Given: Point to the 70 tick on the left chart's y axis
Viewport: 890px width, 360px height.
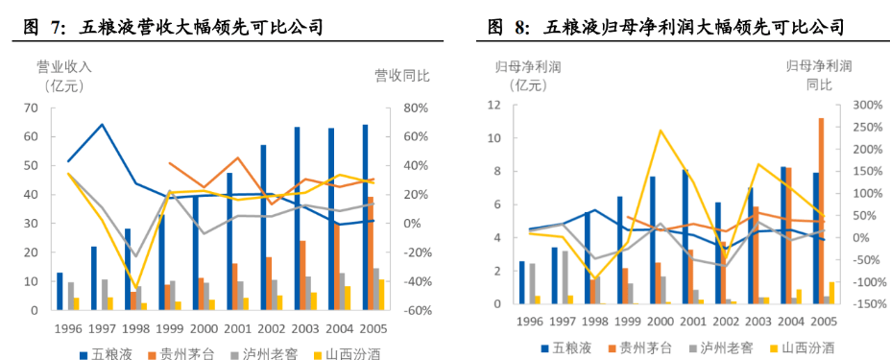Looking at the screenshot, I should click(x=31, y=108).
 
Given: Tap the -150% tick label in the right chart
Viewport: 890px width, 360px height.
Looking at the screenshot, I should click(x=854, y=304).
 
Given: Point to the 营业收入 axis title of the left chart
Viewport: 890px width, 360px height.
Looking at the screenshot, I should click(x=63, y=67).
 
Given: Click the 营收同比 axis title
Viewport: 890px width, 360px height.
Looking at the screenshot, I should click(x=401, y=75).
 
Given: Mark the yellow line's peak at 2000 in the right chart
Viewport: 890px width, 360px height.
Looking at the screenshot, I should click(x=660, y=131).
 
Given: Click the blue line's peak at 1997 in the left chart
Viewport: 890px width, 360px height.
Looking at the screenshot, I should click(x=102, y=125).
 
